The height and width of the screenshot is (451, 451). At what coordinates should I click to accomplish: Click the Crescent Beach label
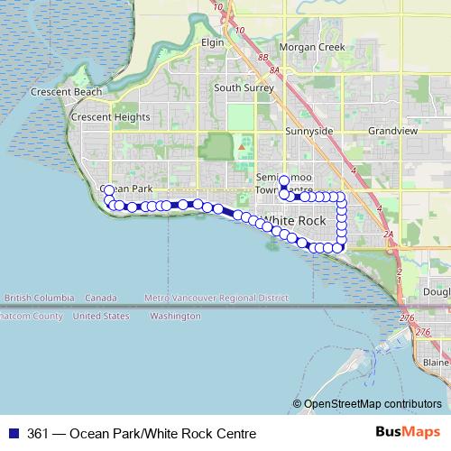pyautogui.click(x=61, y=92)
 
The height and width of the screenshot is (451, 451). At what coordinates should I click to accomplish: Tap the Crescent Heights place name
pyautogui.click(x=111, y=117)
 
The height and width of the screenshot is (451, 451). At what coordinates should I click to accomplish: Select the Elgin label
pyautogui.click(x=212, y=42)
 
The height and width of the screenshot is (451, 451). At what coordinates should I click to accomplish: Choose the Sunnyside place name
pyautogui.click(x=309, y=131)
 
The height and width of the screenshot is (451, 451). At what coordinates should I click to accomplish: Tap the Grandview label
pyautogui.click(x=392, y=131)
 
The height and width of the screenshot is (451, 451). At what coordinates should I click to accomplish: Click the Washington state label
pyautogui.click(x=175, y=317)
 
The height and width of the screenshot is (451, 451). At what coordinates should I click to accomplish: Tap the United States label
pyautogui.click(x=100, y=317)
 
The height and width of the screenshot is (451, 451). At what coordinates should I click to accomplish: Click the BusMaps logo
pyautogui.click(x=415, y=433)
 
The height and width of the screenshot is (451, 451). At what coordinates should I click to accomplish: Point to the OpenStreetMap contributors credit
pyautogui.click(x=373, y=404)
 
